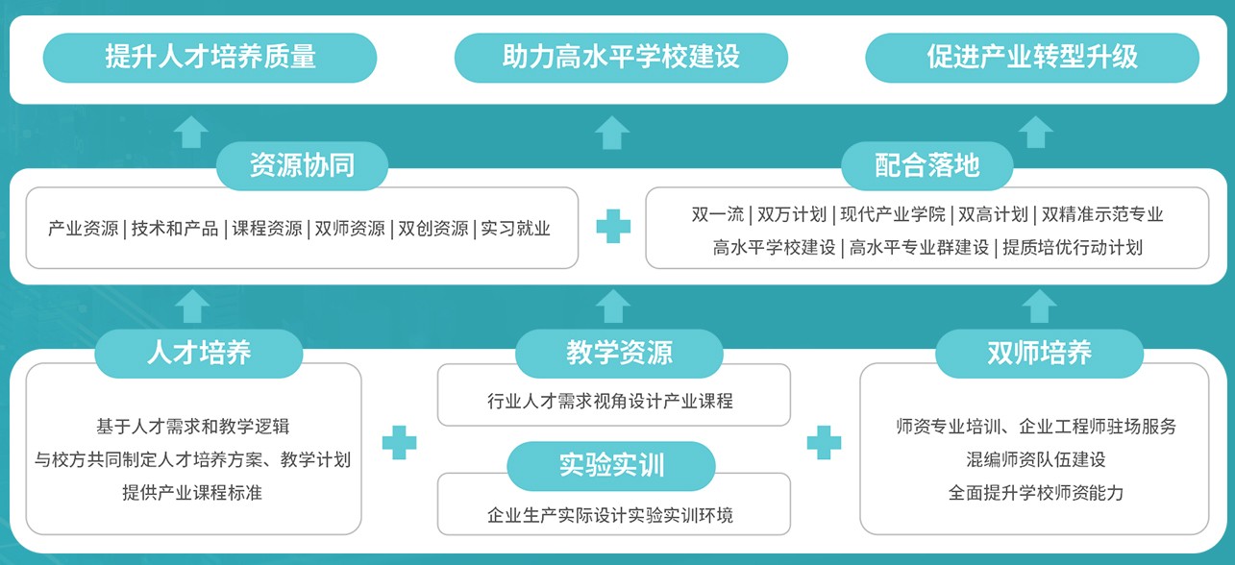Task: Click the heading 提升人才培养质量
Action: click(210, 57)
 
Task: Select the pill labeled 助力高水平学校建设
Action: click(621, 57)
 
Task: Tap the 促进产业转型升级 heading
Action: click(1032, 57)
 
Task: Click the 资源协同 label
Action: click(302, 165)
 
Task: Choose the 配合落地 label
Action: click(927, 165)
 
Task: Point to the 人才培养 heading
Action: click(199, 353)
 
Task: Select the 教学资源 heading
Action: click(619, 353)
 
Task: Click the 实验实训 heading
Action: click(611, 466)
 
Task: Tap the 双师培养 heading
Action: click(1039, 353)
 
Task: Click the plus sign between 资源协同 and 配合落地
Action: click(613, 227)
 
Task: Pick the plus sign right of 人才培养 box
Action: click(399, 442)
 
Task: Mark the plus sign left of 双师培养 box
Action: click(824, 442)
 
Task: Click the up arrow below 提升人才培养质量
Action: click(192, 131)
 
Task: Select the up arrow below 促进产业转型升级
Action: click(1036, 131)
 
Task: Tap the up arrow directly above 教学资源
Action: click(612, 306)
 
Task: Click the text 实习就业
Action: click(516, 229)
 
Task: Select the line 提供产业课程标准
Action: click(192, 493)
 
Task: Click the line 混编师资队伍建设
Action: click(1036, 459)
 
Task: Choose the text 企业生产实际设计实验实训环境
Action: click(610, 516)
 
